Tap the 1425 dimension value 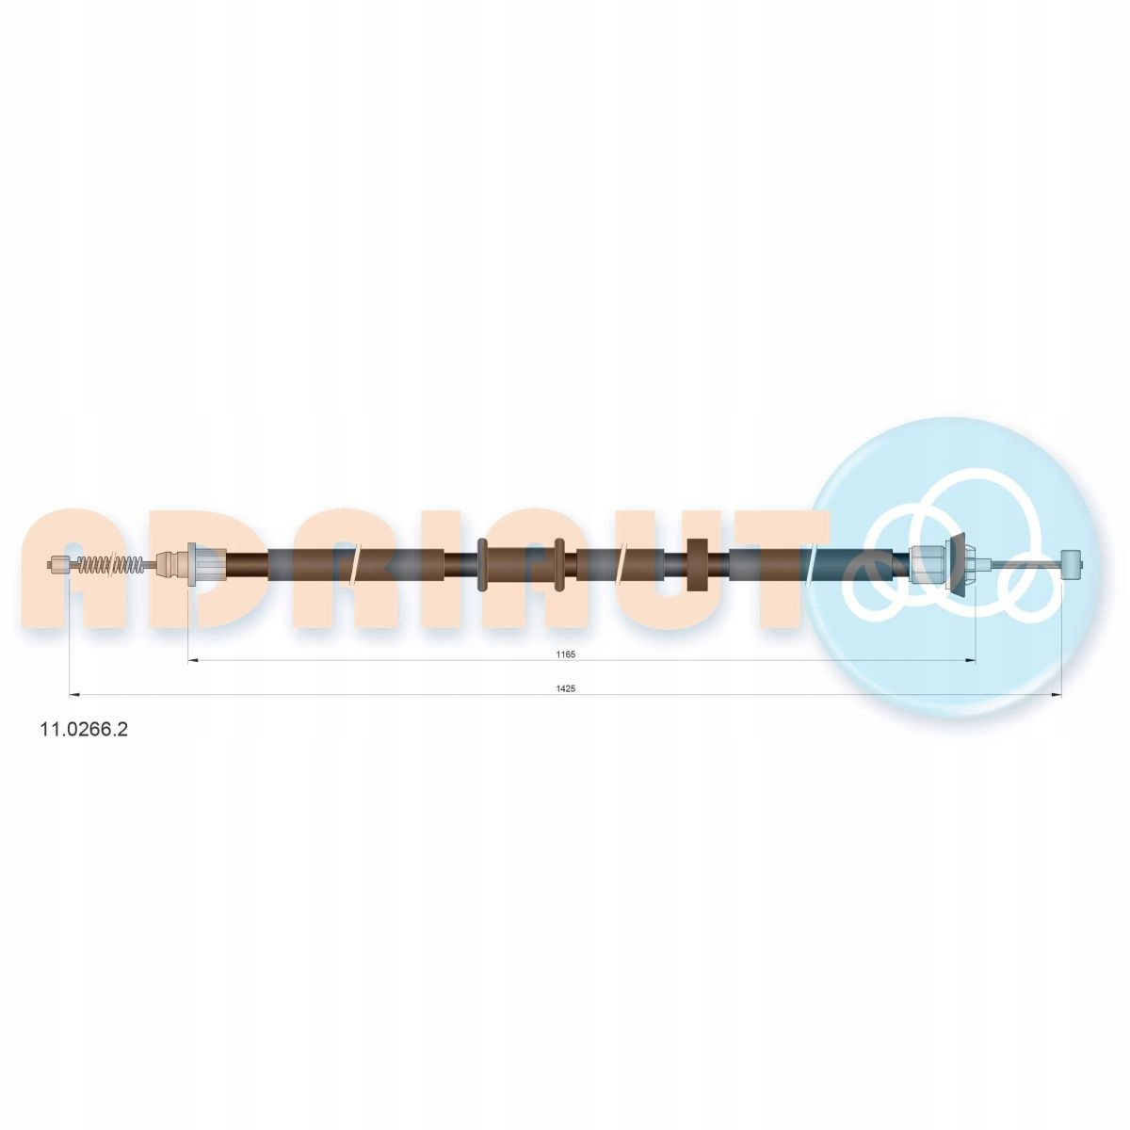[564, 689]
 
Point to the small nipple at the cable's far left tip [58, 564]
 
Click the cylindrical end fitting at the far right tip [1072, 563]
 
